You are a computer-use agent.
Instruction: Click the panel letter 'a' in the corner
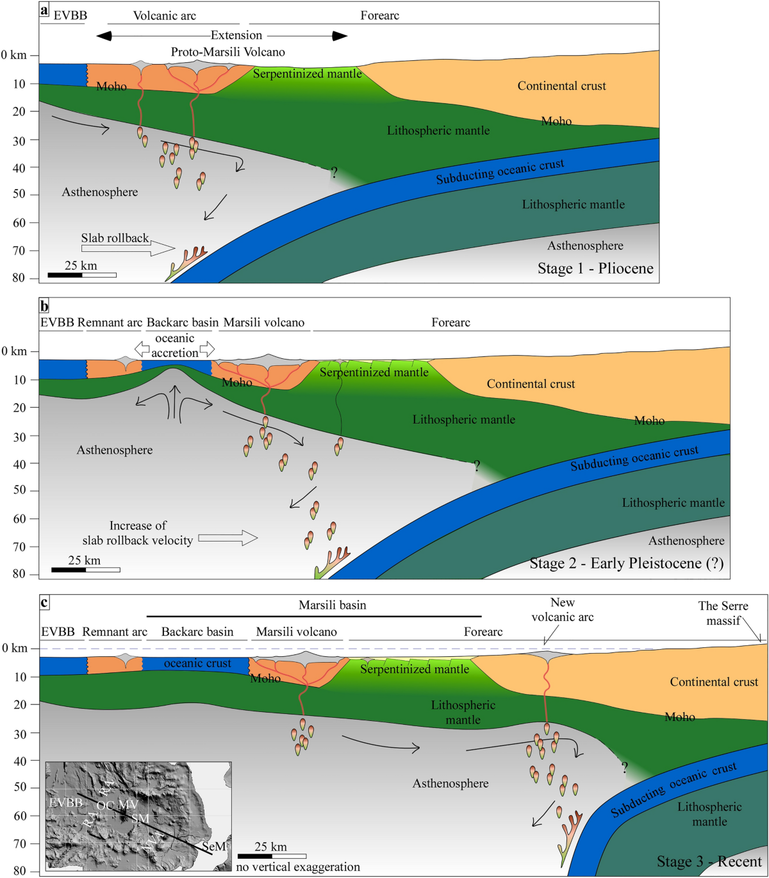(44, 10)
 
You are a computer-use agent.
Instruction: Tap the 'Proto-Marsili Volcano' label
(227, 52)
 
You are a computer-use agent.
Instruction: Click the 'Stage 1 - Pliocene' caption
(595, 269)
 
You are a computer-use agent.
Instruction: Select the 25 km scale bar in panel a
(82, 275)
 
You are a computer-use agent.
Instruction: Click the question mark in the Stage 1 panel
(334, 172)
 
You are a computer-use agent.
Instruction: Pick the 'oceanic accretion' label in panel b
(174, 345)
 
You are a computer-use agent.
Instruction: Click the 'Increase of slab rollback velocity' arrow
(227, 538)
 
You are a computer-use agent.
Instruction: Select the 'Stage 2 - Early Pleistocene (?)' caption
(626, 563)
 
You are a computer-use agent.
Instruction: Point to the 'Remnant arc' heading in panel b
(110, 322)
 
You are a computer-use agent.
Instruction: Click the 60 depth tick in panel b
(19, 518)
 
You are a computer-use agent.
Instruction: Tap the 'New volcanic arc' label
(562, 610)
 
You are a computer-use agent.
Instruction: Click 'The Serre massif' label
(723, 613)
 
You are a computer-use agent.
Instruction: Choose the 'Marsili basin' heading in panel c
(332, 605)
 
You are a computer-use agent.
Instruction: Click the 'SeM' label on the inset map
(214, 847)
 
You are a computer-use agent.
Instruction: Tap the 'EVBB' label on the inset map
(66, 802)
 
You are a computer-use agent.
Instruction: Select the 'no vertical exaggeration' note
(298, 867)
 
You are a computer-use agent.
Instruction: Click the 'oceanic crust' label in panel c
(197, 663)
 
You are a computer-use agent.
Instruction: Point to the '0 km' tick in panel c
(15, 648)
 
